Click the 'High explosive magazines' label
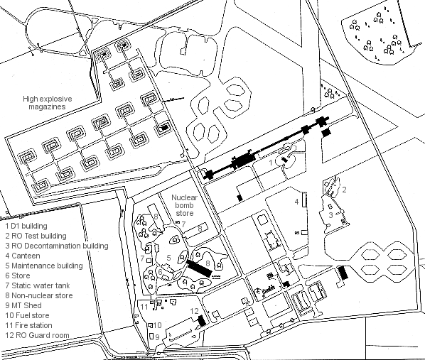48,103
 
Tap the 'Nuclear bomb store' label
184,205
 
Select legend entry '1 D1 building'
26,226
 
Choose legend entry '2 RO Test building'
36,236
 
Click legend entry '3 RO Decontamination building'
57,246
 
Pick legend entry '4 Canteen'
23,256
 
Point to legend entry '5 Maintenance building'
44,266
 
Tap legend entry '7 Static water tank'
38,285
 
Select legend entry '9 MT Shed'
23,305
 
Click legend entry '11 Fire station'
28,325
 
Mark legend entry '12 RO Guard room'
37,335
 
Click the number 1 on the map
271,163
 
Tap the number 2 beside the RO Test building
344,190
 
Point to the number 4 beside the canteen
297,202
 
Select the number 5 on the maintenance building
169,258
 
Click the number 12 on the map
194,311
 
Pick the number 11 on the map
144,307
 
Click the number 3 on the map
330,215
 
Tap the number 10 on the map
158,325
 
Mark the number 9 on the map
157,337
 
